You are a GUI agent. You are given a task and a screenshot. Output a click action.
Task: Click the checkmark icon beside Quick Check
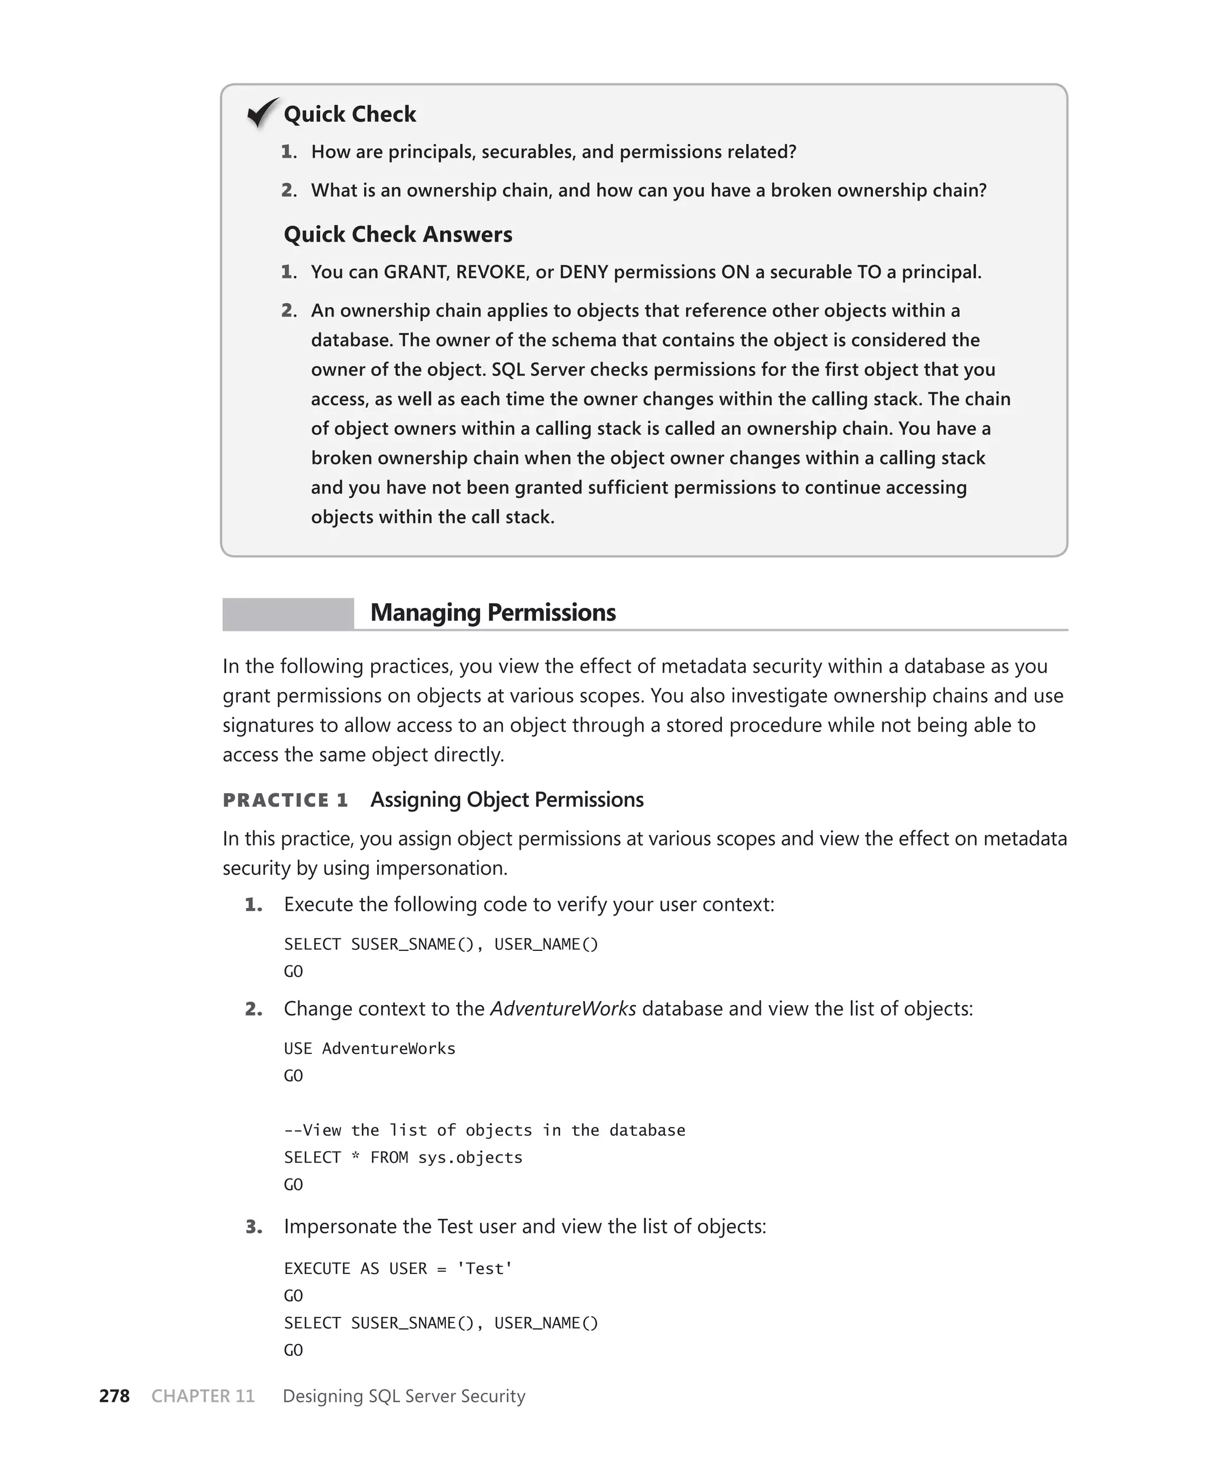pos(263,112)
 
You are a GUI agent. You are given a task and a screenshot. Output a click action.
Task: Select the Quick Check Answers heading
pos(398,235)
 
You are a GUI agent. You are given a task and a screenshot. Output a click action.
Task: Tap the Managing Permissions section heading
pos(493,613)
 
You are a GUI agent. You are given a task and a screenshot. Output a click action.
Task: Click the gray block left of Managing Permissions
pos(288,614)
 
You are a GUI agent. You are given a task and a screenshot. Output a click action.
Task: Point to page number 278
pos(115,1396)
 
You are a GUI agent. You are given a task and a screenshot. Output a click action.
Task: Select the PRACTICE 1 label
pos(285,800)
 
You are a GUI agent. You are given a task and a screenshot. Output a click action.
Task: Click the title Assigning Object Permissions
pos(507,800)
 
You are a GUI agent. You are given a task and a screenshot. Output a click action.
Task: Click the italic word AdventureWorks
pos(563,1009)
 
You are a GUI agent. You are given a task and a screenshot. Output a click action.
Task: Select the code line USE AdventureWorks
pos(370,1049)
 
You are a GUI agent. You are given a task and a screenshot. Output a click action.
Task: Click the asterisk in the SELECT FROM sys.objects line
pos(355,1158)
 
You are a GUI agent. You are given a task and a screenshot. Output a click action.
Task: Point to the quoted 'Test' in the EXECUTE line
pos(484,1269)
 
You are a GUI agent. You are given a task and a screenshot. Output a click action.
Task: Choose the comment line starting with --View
pos(484,1130)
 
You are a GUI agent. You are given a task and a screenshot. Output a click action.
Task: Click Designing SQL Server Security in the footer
pos(404,1396)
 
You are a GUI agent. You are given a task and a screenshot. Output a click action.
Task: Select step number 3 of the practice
pos(254,1227)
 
